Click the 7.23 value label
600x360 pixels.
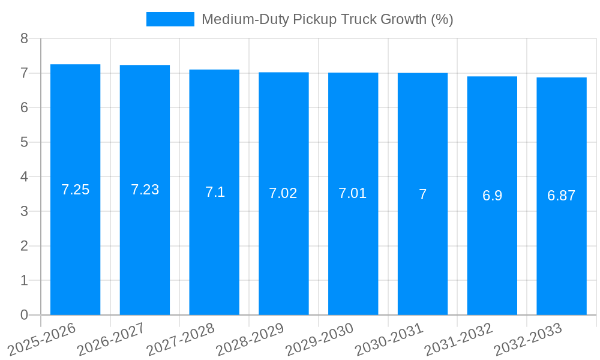tap(145, 190)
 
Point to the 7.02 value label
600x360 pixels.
tap(283, 193)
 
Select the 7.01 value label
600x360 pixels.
tap(353, 193)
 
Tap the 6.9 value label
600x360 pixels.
tap(492, 196)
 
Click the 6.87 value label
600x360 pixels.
tap(562, 196)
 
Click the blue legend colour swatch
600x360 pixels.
tap(170, 19)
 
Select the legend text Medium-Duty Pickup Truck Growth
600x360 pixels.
tap(327, 19)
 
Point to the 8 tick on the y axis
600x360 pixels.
tap(24, 38)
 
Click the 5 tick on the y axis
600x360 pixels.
tap(24, 142)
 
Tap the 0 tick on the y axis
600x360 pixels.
tap(24, 315)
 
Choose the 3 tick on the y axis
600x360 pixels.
tap(24, 211)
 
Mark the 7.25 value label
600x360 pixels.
tap(75, 190)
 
